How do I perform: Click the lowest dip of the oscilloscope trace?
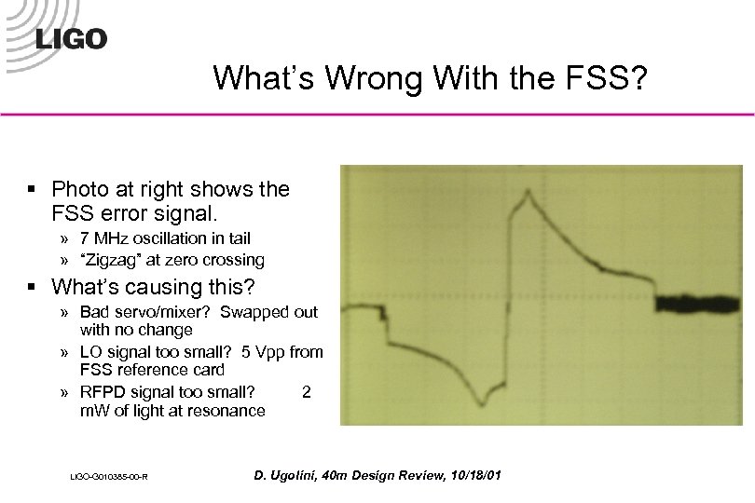point(482,401)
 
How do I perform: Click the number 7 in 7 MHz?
point(85,239)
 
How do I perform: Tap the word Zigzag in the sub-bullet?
point(116,260)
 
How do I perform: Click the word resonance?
point(226,411)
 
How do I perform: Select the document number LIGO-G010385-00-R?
point(110,478)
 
